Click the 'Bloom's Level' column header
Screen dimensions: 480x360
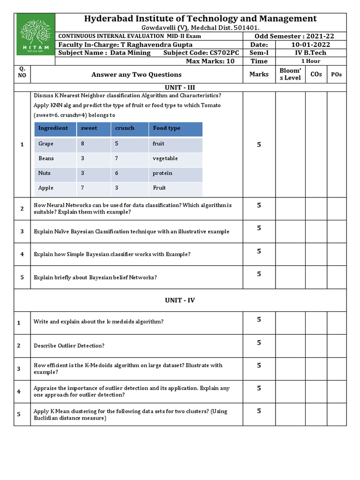click(290, 74)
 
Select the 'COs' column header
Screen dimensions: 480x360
click(316, 74)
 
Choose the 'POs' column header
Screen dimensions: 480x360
click(336, 74)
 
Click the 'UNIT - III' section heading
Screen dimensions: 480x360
click(180, 87)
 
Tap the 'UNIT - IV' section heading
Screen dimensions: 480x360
click(180, 300)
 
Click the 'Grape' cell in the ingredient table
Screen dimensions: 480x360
click(46, 144)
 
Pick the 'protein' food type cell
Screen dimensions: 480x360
click(162, 173)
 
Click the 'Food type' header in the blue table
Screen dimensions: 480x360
click(166, 128)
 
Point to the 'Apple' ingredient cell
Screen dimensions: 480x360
click(46, 187)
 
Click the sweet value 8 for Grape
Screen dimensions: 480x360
click(82, 144)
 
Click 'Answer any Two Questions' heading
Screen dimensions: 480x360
click(136, 74)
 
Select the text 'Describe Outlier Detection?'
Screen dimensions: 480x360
click(69, 345)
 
